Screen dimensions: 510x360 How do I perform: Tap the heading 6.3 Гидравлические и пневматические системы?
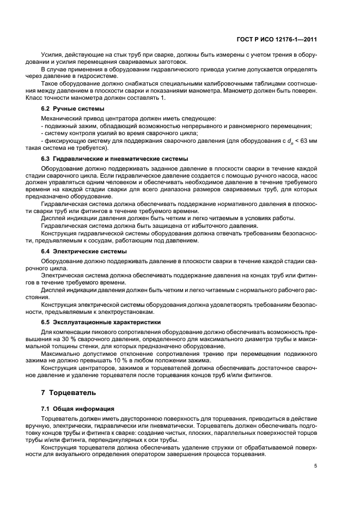click(114, 159)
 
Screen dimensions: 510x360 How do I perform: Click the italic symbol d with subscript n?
click(288, 141)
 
